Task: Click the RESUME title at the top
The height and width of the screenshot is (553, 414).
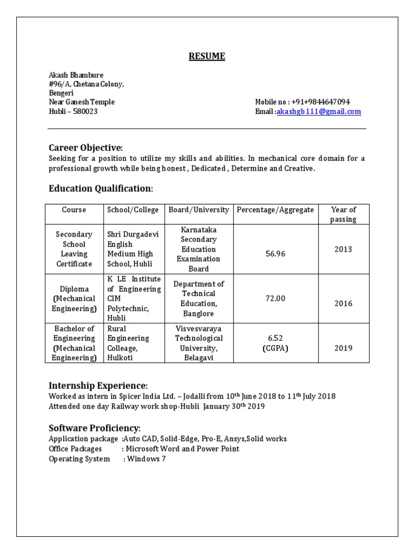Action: click(x=207, y=57)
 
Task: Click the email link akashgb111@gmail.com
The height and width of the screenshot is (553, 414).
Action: click(x=319, y=112)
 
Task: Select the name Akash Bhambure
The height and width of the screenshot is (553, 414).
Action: click(x=76, y=75)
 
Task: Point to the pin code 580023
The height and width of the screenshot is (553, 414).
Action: click(x=86, y=112)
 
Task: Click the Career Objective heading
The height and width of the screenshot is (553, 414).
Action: click(x=85, y=148)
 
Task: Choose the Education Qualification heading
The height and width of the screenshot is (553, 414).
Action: click(x=100, y=188)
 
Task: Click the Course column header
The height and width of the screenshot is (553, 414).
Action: click(x=74, y=210)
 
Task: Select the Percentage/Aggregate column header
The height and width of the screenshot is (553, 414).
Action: click(x=275, y=210)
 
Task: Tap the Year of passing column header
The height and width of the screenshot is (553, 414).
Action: click(x=343, y=214)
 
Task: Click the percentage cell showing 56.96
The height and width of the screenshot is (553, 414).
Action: click(x=275, y=254)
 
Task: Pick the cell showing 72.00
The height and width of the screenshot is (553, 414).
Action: click(x=275, y=299)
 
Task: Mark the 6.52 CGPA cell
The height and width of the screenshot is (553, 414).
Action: click(x=275, y=343)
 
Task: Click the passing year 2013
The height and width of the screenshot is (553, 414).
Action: click(x=343, y=249)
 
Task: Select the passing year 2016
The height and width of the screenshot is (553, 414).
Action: click(x=343, y=304)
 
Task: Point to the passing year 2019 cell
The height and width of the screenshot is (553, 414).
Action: click(x=343, y=348)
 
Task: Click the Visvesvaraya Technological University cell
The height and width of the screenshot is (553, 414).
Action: click(x=198, y=343)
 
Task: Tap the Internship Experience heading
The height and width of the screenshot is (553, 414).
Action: click(x=97, y=386)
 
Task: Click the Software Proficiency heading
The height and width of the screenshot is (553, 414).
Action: click(x=94, y=428)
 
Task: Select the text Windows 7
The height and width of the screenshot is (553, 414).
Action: click(x=146, y=459)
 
